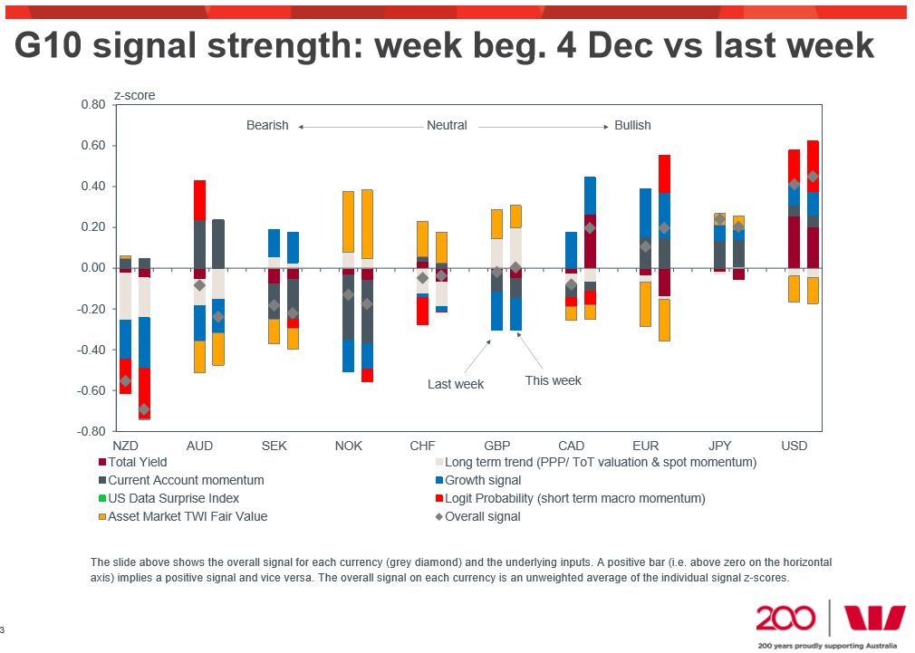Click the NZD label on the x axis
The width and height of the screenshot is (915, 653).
[x=125, y=447]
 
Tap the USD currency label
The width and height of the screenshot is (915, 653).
[x=794, y=447]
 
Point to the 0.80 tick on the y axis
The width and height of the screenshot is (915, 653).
[x=92, y=105]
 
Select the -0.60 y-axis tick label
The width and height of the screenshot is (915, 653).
[x=91, y=391]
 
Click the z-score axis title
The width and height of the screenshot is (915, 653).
[x=134, y=95]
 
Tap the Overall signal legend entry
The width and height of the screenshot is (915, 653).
[x=483, y=516]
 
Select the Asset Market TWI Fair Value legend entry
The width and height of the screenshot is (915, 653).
[x=188, y=516]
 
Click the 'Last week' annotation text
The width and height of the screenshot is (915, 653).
[x=456, y=384]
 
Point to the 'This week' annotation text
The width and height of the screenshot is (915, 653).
[x=554, y=380]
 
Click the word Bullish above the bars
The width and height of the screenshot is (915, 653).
[x=632, y=126]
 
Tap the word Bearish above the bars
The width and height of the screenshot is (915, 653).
[x=267, y=126]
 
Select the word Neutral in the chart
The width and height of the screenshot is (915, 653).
[x=447, y=126]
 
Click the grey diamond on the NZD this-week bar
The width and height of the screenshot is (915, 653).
[x=144, y=409]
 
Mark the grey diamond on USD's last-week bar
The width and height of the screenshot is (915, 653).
[x=795, y=185]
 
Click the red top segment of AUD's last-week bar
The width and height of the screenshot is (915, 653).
[x=199, y=200]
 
